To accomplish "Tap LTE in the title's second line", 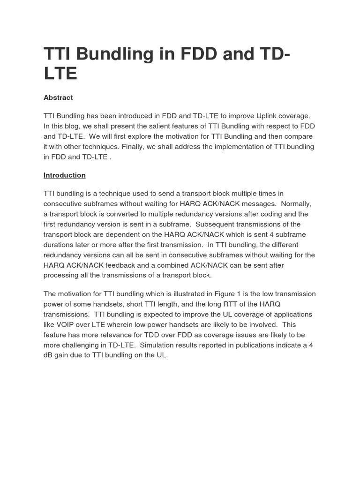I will tap(60, 74).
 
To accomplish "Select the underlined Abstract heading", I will tap(58, 97).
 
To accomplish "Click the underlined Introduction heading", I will tap(65, 175).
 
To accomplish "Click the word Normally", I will tap(296, 204).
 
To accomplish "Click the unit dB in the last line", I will tap(48, 355).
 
